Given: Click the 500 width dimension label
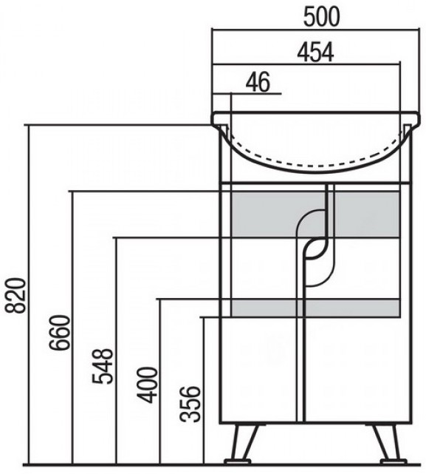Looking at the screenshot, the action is [x=321, y=17].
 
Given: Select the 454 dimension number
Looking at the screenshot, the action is [x=315, y=53].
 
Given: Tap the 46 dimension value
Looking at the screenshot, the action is [x=258, y=82].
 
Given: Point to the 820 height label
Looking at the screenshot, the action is [x=16, y=295].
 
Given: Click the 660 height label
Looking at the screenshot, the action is [x=60, y=333].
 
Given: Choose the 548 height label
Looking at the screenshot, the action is [x=103, y=366].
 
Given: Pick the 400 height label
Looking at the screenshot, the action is [x=148, y=385].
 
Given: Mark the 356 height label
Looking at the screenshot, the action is [x=190, y=404].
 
